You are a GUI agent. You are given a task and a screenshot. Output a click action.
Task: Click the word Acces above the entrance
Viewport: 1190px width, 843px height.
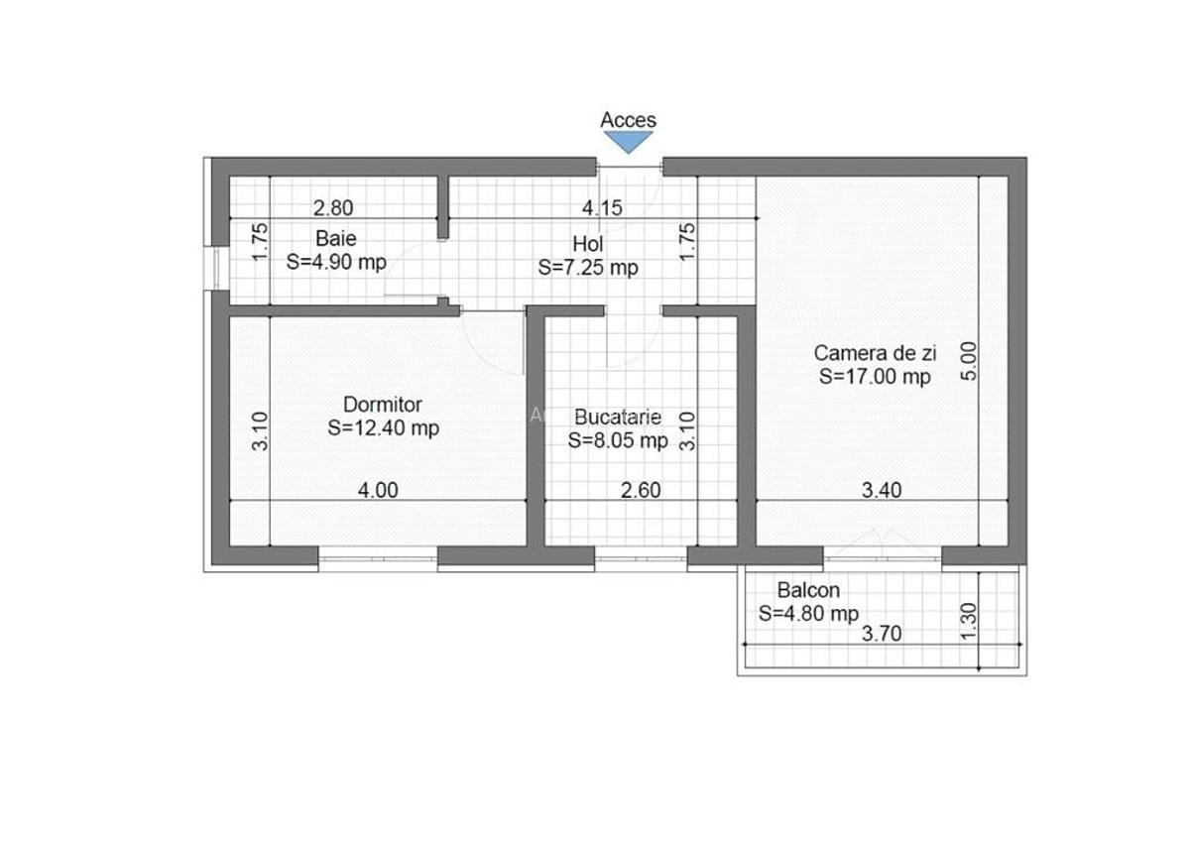click(628, 120)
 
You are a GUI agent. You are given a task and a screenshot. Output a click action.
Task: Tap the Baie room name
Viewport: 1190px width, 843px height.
click(335, 239)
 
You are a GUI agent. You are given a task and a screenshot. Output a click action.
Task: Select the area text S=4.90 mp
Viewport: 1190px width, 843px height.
click(336, 263)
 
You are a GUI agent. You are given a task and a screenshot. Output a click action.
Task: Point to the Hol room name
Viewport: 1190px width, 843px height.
click(587, 244)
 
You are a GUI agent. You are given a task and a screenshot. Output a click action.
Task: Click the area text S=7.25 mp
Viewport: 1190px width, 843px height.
click(588, 268)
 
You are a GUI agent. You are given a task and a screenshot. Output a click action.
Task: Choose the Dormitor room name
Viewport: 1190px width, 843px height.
click(382, 405)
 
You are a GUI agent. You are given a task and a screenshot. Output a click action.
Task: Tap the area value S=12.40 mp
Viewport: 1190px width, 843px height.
click(383, 428)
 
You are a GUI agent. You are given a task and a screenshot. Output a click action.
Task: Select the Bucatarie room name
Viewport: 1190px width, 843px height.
click(618, 418)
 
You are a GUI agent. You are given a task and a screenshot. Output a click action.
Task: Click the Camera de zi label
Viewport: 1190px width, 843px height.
click(874, 352)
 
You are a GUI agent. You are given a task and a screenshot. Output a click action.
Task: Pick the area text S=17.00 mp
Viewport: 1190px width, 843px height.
click(875, 376)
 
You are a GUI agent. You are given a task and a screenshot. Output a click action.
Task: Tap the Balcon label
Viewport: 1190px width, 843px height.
click(808, 590)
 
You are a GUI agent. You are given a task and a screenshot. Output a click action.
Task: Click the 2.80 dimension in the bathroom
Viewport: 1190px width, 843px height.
click(333, 208)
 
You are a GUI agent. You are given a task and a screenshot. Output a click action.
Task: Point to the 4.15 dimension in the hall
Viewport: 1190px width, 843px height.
click(601, 208)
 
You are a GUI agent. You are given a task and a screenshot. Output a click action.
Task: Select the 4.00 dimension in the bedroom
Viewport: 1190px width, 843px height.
click(378, 490)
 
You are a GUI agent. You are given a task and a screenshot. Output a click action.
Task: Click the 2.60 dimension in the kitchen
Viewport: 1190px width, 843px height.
click(641, 490)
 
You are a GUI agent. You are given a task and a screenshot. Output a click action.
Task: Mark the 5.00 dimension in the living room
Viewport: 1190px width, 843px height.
click(970, 361)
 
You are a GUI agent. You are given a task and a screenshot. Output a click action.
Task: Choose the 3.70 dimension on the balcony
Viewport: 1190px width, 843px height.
click(881, 635)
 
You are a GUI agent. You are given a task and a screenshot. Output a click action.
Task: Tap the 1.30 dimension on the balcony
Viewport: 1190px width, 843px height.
click(970, 622)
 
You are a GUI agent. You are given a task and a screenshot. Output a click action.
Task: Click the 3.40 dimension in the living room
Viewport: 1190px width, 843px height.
click(882, 490)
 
